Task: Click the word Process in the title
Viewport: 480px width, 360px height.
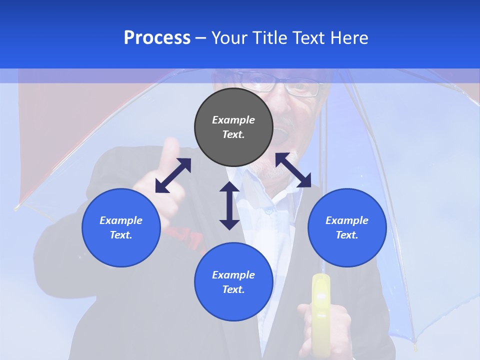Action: pos(157,38)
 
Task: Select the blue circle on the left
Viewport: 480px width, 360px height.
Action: pos(121,227)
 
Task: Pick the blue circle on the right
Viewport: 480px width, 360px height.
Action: pos(347,227)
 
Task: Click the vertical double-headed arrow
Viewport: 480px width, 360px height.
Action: pos(229,205)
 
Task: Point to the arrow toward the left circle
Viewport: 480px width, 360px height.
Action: pos(173,175)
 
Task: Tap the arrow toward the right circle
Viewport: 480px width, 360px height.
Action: pos(293,170)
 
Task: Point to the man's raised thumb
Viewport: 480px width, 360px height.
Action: pos(170,150)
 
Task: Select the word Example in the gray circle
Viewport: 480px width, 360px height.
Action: pos(233,120)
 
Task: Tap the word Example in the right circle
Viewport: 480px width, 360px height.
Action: pos(347,220)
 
